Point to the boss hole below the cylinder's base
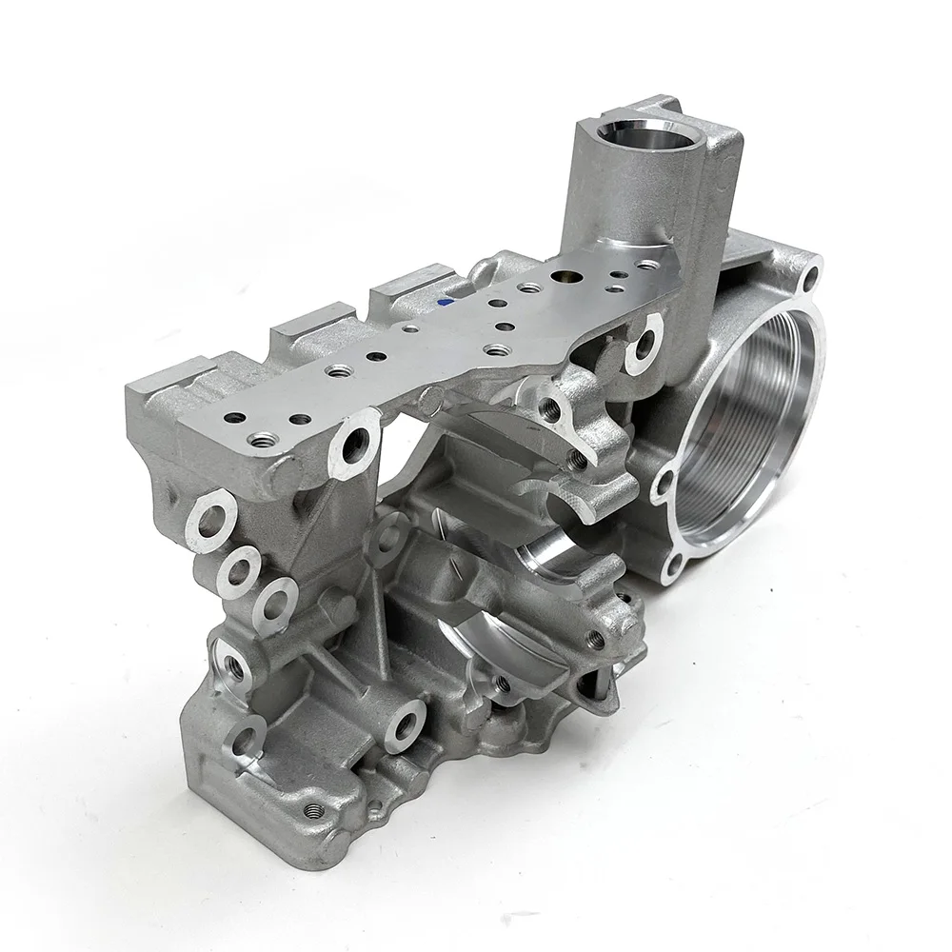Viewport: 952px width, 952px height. click(645, 342)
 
